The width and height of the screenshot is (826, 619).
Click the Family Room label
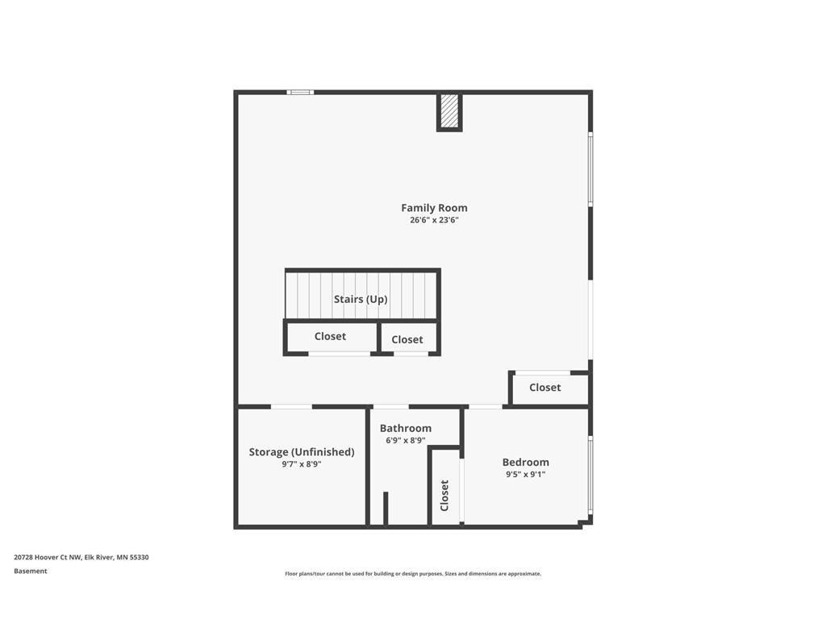point(434,208)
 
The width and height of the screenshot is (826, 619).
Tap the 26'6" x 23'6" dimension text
point(434,220)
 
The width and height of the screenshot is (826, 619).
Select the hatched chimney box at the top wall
point(449,111)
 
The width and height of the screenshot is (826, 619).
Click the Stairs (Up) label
point(361,299)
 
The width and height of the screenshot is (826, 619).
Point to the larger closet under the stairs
point(330,336)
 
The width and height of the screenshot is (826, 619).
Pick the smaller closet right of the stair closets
point(407,339)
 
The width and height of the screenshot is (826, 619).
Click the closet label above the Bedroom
point(544,388)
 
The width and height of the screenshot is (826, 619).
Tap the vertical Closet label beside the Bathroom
point(444,495)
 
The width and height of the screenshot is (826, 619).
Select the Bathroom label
point(406,428)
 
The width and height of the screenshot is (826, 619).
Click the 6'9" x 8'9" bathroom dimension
point(406,440)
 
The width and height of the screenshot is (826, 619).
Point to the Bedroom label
point(525,462)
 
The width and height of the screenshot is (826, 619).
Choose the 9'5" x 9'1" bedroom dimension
point(525,475)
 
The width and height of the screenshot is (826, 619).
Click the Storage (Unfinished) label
point(302,452)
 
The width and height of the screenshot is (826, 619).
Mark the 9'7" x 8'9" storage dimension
point(302,464)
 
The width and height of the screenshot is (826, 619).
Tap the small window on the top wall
point(300,92)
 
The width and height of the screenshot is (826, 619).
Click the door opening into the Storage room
point(291,406)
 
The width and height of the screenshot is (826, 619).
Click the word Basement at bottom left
point(31,571)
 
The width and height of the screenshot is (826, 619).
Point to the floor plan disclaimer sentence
point(413,574)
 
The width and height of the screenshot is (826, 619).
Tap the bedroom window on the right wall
point(590,475)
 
